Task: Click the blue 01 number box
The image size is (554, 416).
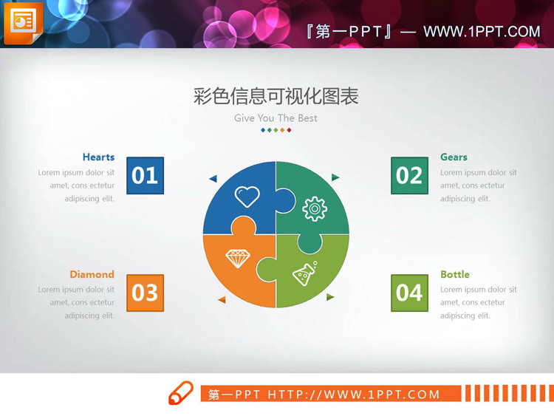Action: coord(145,175)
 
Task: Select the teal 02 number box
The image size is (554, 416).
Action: coord(409,175)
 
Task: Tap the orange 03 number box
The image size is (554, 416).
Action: coord(145,293)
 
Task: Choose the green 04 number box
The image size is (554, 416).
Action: coord(409,293)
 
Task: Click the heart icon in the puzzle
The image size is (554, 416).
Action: coord(247,196)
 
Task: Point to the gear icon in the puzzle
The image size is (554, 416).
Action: coord(315,208)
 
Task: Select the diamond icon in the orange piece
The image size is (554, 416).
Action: coord(238,259)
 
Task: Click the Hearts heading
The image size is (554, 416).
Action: coord(98,157)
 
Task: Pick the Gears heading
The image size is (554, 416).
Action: coord(454,157)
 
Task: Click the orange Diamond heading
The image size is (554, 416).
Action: coord(92,274)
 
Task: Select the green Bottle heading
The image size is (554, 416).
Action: coord(455,274)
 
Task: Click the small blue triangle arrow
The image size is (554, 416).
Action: coord(213,179)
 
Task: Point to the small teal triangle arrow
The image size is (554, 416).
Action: coord(335,177)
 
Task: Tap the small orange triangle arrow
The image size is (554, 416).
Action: coord(221,299)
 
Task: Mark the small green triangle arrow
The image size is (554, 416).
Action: coord(330,297)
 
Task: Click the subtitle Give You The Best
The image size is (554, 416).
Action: coord(276,118)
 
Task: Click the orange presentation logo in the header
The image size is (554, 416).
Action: coord(24,23)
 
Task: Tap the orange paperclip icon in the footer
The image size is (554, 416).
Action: coord(181,393)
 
